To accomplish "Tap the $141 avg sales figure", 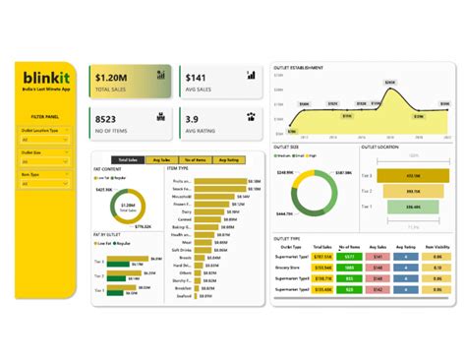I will point(197,77).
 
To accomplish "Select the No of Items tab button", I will point(194,159).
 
